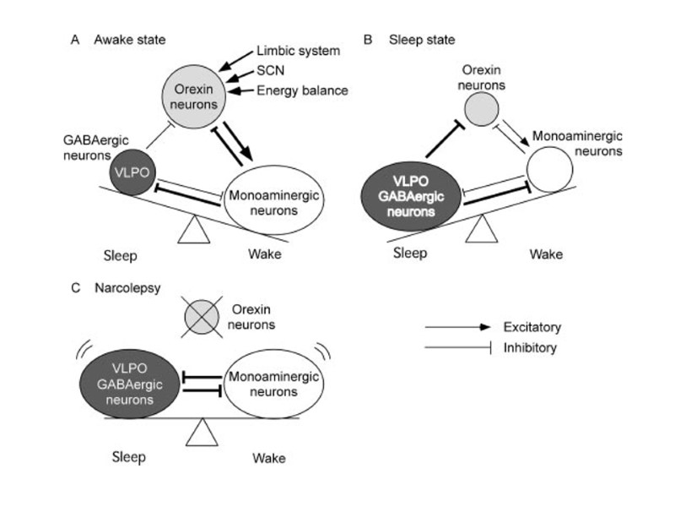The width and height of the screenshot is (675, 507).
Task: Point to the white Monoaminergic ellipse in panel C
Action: coord(269,387)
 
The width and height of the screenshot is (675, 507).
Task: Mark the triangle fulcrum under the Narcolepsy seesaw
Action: coord(201,433)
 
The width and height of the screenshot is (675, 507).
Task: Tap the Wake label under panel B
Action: coord(546,252)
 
